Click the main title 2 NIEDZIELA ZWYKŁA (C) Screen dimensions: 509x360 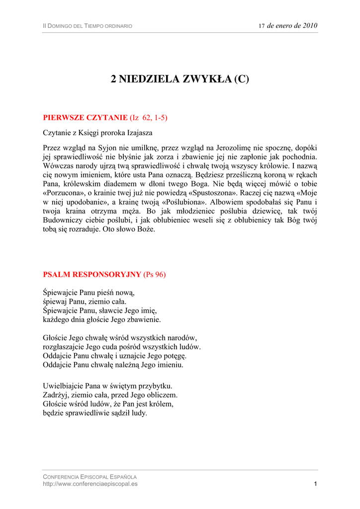coord(180,79)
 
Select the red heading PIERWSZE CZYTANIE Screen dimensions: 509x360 coord(86,118)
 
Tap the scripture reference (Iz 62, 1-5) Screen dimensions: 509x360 coord(149,118)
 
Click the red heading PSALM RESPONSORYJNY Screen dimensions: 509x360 coord(92,274)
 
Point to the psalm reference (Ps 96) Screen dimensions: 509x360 coord(155,274)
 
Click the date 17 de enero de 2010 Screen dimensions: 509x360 coord(288,25)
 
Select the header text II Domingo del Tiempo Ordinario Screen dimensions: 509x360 coord(88,26)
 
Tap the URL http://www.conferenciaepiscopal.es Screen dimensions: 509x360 coord(90,484)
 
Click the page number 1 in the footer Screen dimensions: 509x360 coord(315,484)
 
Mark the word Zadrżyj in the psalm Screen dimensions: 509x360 coord(55,395)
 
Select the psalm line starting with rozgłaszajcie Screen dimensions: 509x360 coord(122,347)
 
